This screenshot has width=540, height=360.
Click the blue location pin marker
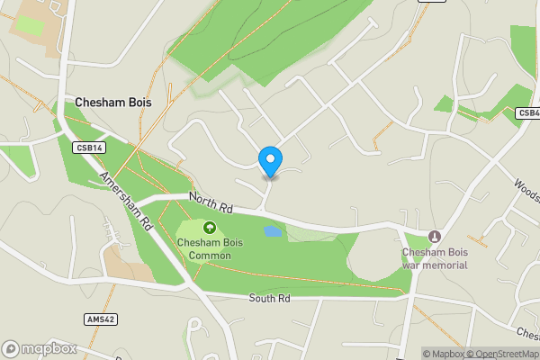tap(270, 161)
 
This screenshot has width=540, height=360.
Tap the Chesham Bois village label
tap(113, 103)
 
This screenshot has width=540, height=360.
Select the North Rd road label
tap(211, 203)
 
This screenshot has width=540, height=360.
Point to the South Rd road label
tap(270, 298)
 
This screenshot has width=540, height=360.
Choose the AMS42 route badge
tap(100, 319)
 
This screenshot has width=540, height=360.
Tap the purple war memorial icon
tap(435, 236)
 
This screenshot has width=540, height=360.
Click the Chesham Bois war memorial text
tap(435, 257)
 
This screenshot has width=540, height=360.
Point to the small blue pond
tap(272, 232)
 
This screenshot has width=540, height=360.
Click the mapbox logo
tap(40, 348)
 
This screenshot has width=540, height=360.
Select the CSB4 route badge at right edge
tap(527, 112)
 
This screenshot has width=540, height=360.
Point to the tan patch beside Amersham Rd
tap(123, 263)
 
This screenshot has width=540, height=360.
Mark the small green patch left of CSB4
tap(445, 104)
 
